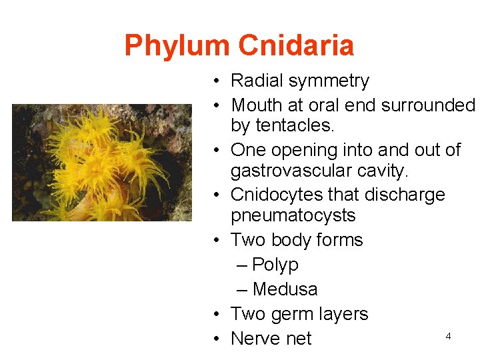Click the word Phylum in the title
pos(178,46)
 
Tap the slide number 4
pos(448,337)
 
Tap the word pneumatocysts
pos(293,216)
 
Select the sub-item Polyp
pos(275,265)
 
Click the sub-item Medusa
pos(285,289)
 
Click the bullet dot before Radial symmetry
pos(218,81)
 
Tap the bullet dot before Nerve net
pos(218,339)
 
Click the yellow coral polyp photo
pos(101,163)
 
